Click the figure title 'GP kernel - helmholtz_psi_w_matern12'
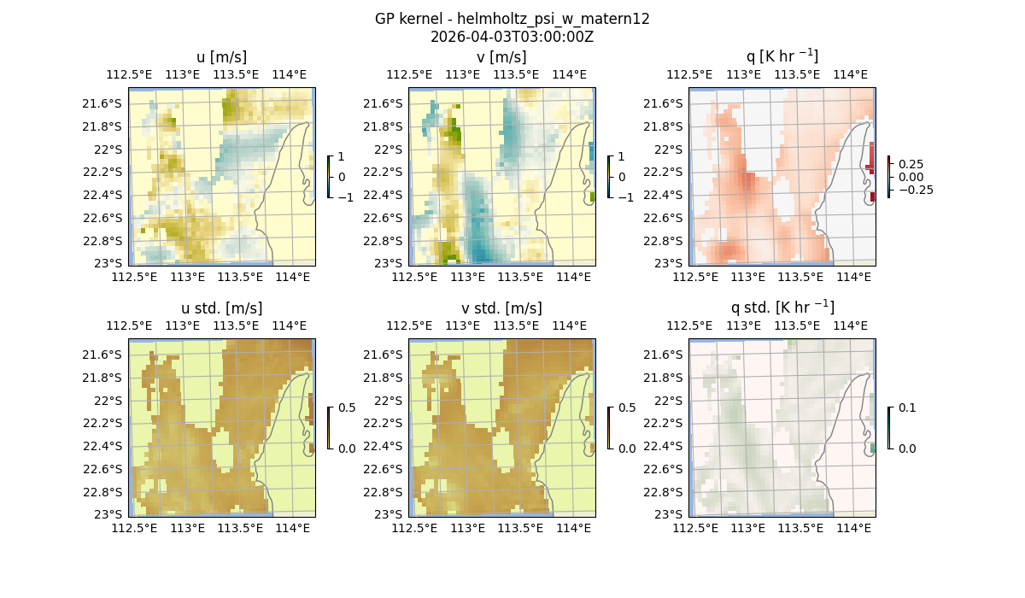coord(512,19)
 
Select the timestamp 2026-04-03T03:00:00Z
coord(512,37)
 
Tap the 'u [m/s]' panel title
coord(221,57)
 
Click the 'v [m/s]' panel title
coord(501,57)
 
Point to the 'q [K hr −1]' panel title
coord(782,56)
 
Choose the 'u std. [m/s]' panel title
coord(221,308)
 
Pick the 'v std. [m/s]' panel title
coord(501,308)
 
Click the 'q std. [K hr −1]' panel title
coord(782,308)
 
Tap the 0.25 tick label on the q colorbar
coord(911,164)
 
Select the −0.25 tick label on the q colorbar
coord(915,190)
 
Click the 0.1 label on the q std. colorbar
coord(905,408)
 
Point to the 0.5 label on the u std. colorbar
coord(347,408)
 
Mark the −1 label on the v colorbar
coord(625,197)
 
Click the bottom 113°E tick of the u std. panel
coord(188,529)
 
